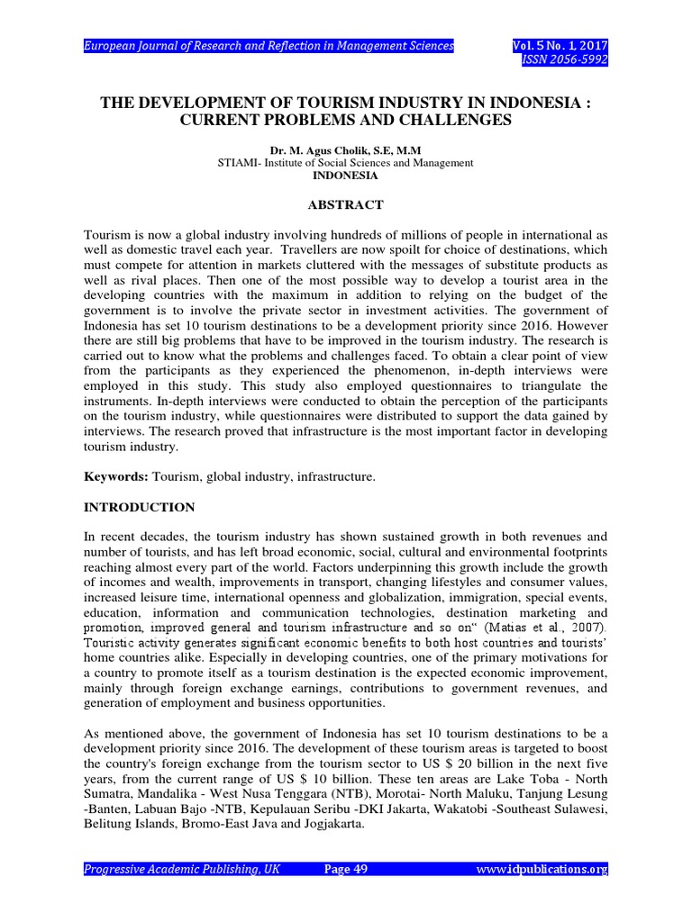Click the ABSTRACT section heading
[346, 205]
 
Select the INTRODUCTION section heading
[139, 507]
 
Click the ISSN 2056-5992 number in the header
[567, 59]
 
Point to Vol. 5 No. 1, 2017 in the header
[560, 45]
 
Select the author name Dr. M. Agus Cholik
[308, 149]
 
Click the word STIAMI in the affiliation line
[239, 162]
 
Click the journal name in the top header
[269, 45]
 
